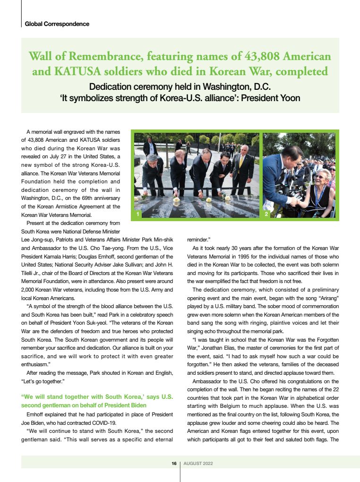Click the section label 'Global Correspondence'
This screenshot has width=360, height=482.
tap(57, 24)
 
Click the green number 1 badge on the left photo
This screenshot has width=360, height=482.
tap(137, 215)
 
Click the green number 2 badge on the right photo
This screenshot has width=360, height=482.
tap(266, 215)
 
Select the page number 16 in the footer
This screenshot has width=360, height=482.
tap(174, 463)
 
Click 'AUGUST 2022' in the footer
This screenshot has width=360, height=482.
tap(198, 463)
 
